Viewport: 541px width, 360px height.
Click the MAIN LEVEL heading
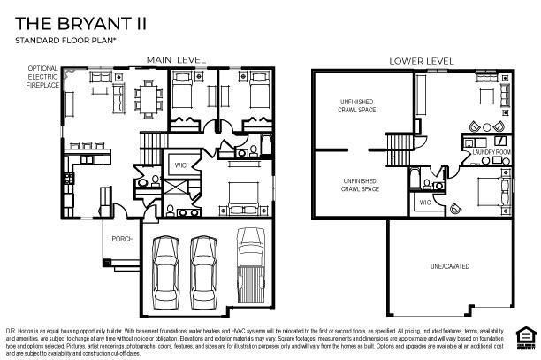[176, 60]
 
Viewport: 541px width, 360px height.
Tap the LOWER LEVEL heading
[422, 60]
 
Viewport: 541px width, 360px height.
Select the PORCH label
[122, 239]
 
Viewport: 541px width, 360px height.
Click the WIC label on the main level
[179, 165]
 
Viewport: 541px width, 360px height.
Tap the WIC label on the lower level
[424, 203]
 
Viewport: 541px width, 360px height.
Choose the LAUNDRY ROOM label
[491, 152]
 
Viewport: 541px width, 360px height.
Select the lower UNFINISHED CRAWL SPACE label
[360, 185]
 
